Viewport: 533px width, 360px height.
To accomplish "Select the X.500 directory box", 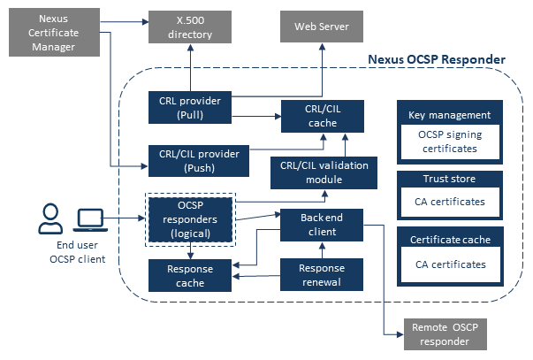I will [x=191, y=28].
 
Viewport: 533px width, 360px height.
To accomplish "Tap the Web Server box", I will [x=321, y=27].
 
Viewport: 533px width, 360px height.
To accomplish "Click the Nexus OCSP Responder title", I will [x=436, y=60].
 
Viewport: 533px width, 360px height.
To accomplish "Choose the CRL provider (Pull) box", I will [x=190, y=108].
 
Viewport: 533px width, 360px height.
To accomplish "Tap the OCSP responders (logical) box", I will [x=190, y=219].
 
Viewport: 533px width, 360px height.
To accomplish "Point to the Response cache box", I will [x=190, y=276].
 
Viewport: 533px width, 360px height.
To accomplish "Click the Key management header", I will [x=449, y=115].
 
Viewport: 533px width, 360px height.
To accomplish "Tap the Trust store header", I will [x=449, y=180].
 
